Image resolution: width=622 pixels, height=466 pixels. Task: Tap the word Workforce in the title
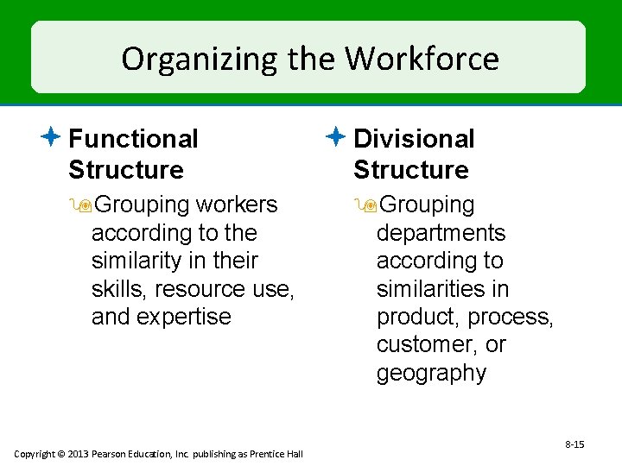click(422, 59)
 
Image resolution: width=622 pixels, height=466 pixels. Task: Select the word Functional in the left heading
click(133, 138)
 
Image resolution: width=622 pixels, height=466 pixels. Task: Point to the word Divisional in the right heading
click(414, 138)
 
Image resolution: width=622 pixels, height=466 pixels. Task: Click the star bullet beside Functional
click(52, 136)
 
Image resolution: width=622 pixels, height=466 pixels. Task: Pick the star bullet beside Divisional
click(337, 136)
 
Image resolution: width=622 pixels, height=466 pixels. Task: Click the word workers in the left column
click(237, 205)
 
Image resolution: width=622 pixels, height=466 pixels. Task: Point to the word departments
click(441, 233)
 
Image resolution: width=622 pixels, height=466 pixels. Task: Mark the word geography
click(431, 373)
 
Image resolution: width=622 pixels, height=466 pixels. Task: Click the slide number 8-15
click(574, 444)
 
